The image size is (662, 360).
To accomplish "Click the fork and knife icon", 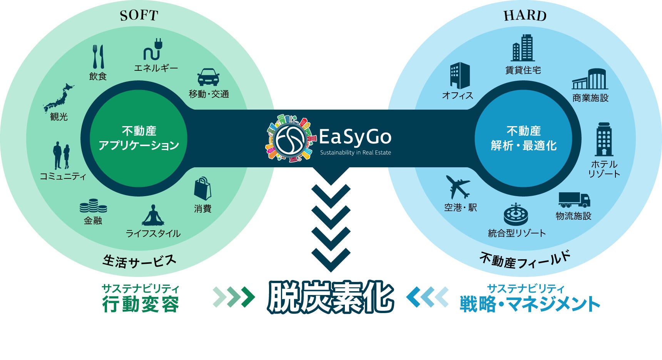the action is (x=98, y=57).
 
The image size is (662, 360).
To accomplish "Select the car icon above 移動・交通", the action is (x=208, y=77).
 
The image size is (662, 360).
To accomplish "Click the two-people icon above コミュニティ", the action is (x=62, y=155).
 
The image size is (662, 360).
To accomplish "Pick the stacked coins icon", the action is (x=93, y=206).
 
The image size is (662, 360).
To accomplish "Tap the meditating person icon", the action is (x=153, y=215).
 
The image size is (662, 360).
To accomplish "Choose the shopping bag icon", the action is (x=202, y=189).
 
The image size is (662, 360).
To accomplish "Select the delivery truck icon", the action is (x=574, y=200).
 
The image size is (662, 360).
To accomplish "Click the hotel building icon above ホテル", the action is (x=604, y=139).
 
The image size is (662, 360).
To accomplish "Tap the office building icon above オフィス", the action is (x=460, y=75).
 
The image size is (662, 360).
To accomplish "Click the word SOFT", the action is (x=139, y=16).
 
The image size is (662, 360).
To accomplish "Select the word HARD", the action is (x=525, y=16).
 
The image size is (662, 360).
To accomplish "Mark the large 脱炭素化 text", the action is (x=331, y=297).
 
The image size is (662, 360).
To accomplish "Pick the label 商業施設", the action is (x=590, y=98).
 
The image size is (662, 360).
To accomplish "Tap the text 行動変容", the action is (x=140, y=305).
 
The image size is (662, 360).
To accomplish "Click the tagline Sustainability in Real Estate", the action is (x=355, y=153).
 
